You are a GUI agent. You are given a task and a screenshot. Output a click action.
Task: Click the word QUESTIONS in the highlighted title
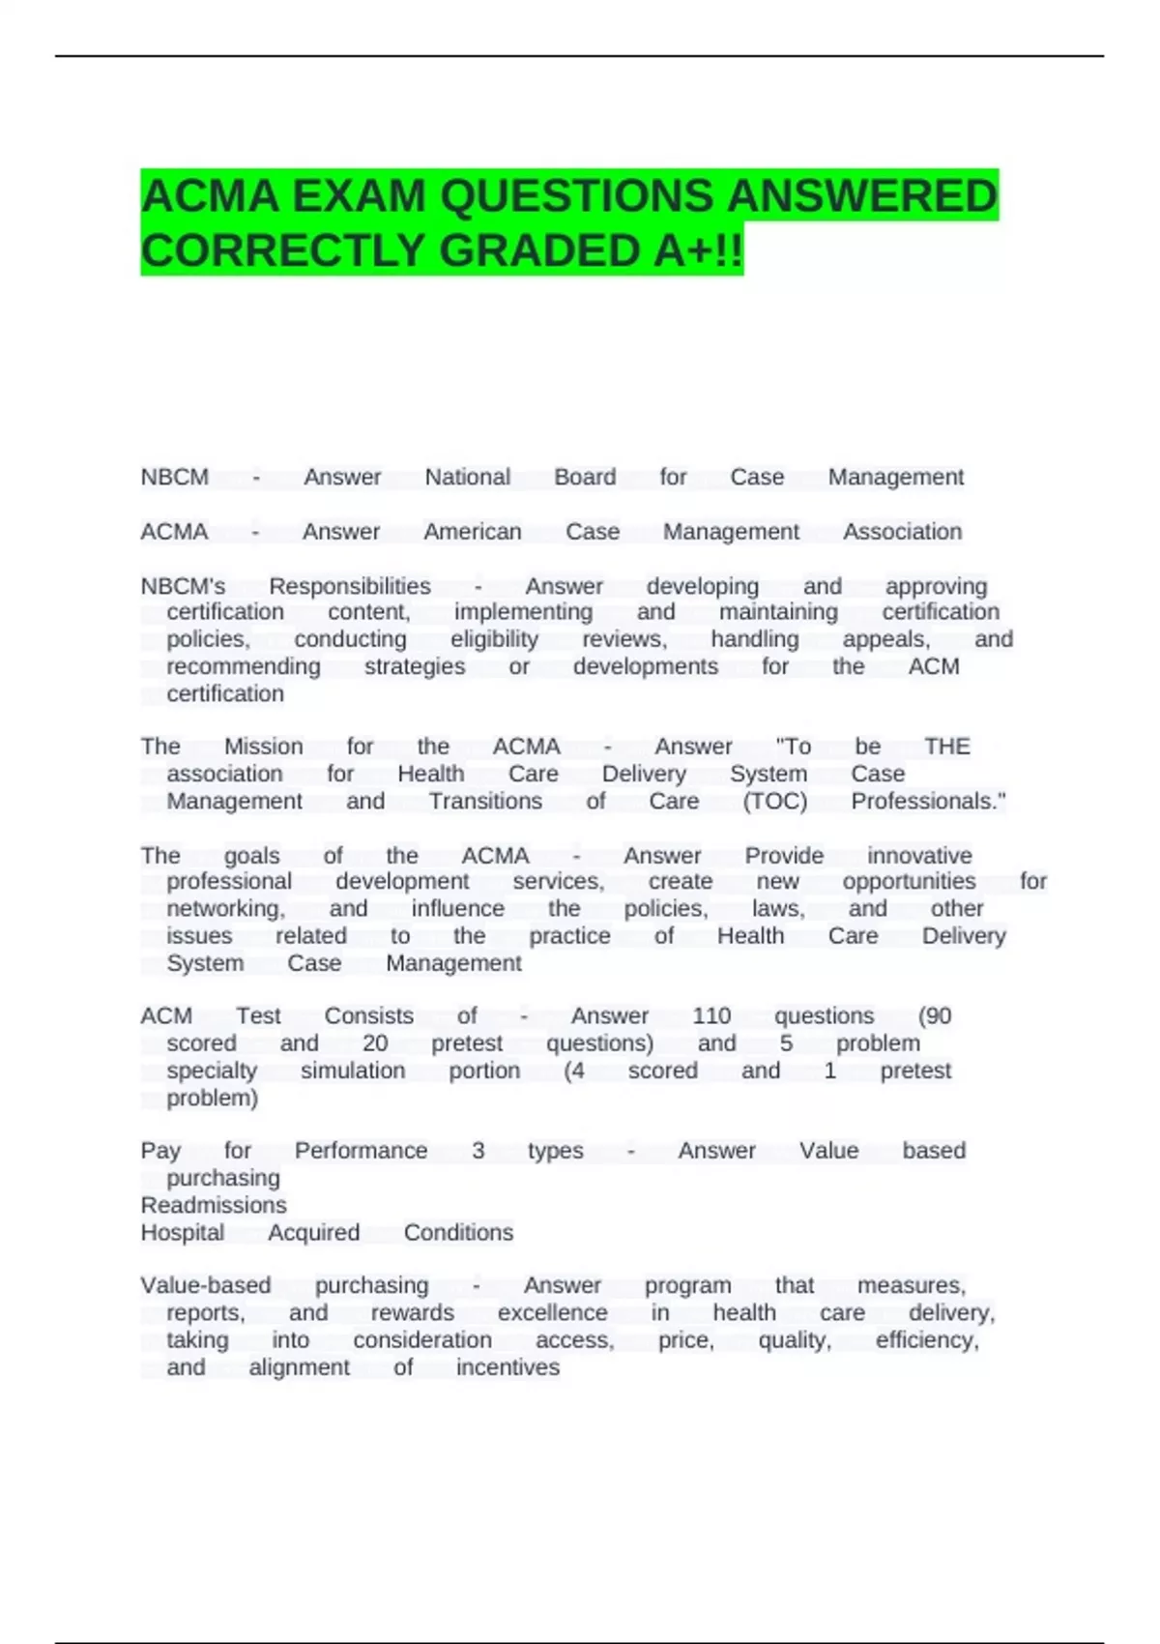pyautogui.click(x=576, y=196)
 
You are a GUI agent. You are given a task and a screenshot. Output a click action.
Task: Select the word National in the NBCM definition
pyautogui.click(x=468, y=477)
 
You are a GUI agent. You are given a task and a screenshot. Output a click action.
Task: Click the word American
pyautogui.click(x=473, y=531)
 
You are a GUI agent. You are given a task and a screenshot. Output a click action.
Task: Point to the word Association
pyautogui.click(x=902, y=531)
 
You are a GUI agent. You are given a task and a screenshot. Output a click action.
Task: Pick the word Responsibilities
pyautogui.click(x=350, y=586)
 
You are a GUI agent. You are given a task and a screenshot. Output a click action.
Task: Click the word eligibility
pyautogui.click(x=494, y=639)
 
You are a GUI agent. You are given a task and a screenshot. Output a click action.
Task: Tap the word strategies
pyautogui.click(x=415, y=666)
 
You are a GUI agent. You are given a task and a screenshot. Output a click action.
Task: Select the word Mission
pyautogui.click(x=264, y=747)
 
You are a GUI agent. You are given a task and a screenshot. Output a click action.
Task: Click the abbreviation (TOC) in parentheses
pyautogui.click(x=774, y=801)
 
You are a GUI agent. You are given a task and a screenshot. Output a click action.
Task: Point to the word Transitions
pyautogui.click(x=485, y=801)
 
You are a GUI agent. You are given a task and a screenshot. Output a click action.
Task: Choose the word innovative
pyautogui.click(x=919, y=856)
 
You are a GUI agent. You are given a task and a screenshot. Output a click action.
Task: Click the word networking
pyautogui.click(x=225, y=909)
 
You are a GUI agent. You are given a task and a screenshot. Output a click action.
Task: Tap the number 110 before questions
pyautogui.click(x=711, y=1016)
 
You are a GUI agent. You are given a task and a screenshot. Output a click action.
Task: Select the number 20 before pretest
pyautogui.click(x=375, y=1043)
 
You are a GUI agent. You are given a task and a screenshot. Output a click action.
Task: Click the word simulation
pyautogui.click(x=353, y=1071)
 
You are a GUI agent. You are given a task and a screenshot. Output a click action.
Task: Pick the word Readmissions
pyautogui.click(x=214, y=1205)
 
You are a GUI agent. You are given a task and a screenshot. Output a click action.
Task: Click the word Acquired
pyautogui.click(x=313, y=1232)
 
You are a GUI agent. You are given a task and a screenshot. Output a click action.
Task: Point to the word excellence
pyautogui.click(x=553, y=1312)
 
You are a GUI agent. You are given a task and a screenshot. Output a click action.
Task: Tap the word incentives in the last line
pyautogui.click(x=508, y=1366)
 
